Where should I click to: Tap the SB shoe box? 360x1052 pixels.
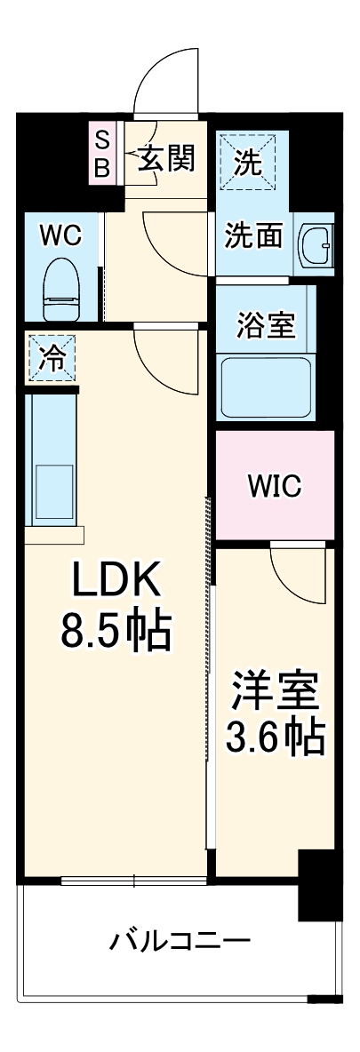[102, 153]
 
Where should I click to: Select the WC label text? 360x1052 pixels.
[61, 236]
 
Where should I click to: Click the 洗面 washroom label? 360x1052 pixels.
[253, 236]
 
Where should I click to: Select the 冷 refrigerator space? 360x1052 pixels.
[52, 357]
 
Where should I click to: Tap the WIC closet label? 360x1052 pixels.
[274, 486]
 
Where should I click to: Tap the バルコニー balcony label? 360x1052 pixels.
[180, 940]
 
